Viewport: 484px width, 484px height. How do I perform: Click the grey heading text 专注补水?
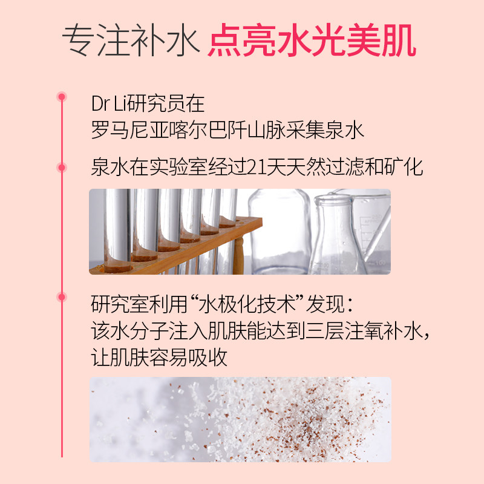(130, 41)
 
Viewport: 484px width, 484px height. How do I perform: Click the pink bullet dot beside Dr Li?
(62, 97)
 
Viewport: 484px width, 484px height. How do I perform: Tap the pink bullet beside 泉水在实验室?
(62, 167)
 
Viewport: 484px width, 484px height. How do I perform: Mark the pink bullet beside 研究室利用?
(62, 296)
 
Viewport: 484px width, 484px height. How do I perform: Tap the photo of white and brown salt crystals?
(240, 411)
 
